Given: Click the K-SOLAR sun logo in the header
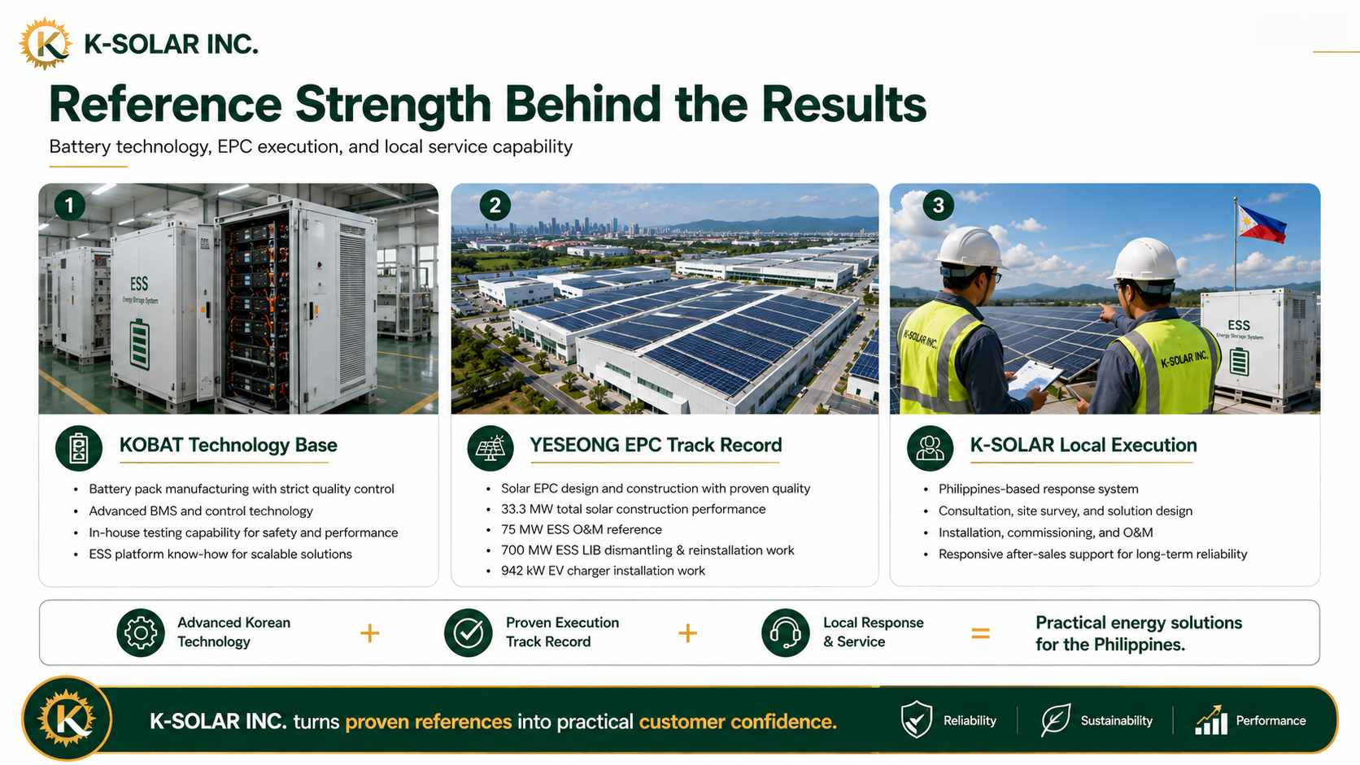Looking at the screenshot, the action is (45, 44).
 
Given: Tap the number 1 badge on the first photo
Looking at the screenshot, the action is (69, 206).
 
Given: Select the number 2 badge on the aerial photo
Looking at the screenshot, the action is (495, 206).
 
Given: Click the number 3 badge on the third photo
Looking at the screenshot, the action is (938, 206).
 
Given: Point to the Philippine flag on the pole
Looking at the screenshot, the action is (1262, 224).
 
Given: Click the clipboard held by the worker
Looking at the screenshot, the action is (1035, 378).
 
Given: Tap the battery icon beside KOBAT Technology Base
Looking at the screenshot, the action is (78, 448).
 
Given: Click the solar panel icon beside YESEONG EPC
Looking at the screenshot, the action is (490, 448).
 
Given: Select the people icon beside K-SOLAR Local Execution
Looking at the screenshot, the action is (931, 448).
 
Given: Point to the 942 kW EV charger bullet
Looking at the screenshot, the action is (603, 571).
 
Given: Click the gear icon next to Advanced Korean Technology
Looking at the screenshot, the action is (141, 632).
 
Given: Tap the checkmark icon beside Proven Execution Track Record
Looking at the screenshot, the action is (468, 632).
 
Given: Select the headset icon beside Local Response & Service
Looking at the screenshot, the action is (786, 632).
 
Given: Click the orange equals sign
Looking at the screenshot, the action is (980, 634).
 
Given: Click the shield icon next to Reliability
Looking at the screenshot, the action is (916, 719).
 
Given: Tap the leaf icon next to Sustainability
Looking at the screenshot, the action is (1055, 720).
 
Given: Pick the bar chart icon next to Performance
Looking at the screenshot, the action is (1211, 720).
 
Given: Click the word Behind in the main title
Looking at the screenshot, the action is (583, 104).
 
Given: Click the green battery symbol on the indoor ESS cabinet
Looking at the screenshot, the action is (140, 344).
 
